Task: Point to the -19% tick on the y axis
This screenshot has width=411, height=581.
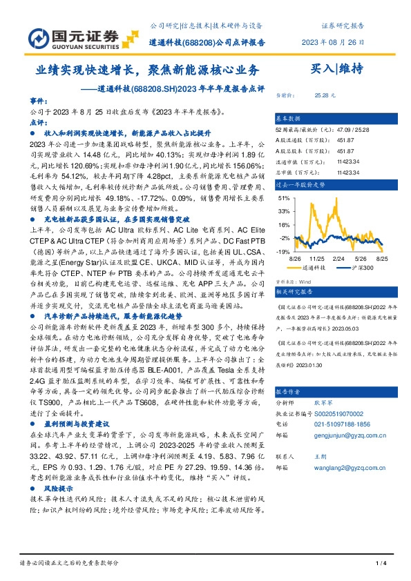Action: (283, 251)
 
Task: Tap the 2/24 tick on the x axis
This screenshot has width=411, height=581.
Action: (338, 257)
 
